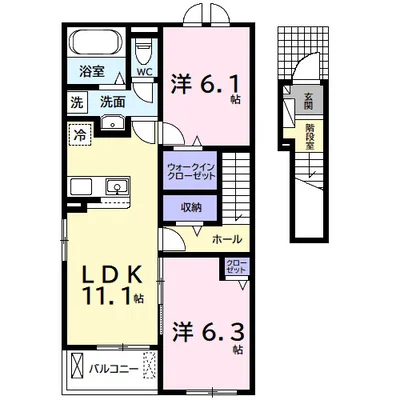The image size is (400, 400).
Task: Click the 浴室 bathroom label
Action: point(92,71)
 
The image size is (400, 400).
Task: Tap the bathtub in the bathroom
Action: point(96,42)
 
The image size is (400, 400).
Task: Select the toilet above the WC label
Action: point(144,51)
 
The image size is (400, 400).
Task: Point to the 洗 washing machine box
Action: point(77,103)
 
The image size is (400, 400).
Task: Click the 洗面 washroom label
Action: point(113,102)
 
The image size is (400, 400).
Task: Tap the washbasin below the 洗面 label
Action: point(113,123)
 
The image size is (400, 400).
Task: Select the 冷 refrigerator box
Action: point(79,135)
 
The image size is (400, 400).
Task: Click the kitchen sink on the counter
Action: point(117,186)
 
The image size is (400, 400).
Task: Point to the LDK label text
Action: point(113,274)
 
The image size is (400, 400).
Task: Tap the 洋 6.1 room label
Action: point(206,85)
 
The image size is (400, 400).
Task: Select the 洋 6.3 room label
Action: point(209,333)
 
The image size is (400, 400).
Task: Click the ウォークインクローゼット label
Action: point(191,171)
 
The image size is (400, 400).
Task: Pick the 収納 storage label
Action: point(191,208)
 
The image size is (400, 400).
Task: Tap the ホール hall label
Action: point(227,239)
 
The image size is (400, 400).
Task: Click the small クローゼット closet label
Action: point(236,266)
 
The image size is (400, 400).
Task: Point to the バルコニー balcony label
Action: point(113,369)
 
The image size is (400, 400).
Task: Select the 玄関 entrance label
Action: point(308,101)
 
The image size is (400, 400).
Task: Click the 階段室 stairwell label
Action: point(310,137)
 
